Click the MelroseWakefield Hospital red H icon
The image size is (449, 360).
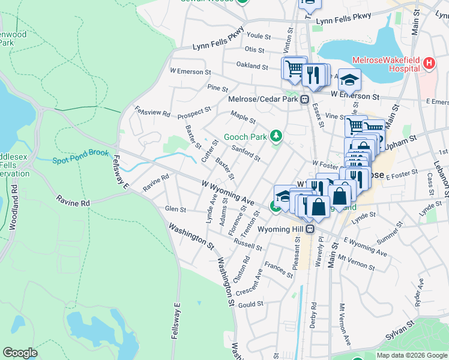click(x=429, y=63)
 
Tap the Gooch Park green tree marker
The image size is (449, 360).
click(x=276, y=137)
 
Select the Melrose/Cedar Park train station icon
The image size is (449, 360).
click(x=305, y=100)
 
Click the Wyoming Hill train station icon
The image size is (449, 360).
click(x=310, y=229)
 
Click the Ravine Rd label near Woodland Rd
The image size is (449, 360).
click(x=73, y=201)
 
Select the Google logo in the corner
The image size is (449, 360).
click(x=20, y=352)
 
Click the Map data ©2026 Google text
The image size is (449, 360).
click(x=411, y=355)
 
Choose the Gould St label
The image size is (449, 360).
click(x=251, y=304)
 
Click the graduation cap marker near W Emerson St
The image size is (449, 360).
click(x=349, y=79)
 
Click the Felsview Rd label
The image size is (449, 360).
click(x=153, y=112)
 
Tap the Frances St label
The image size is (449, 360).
click(x=278, y=271)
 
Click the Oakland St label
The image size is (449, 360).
click(x=252, y=66)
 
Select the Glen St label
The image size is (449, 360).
click(x=175, y=209)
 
